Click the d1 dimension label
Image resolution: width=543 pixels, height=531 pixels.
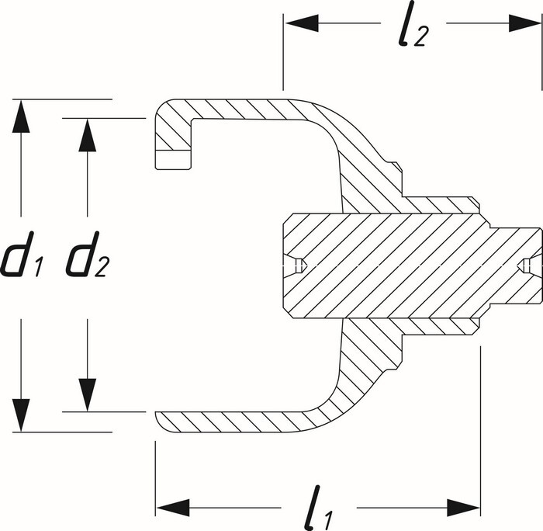[21, 259]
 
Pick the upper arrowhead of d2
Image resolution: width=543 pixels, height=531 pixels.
[88, 132]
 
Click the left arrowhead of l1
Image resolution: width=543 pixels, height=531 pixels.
[169, 508]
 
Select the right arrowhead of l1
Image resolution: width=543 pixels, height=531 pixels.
[468, 508]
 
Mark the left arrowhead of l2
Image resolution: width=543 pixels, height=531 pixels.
[299, 24]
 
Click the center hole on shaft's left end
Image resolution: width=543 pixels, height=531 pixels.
[297, 265]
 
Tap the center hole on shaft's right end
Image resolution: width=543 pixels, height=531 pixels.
[527, 265]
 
